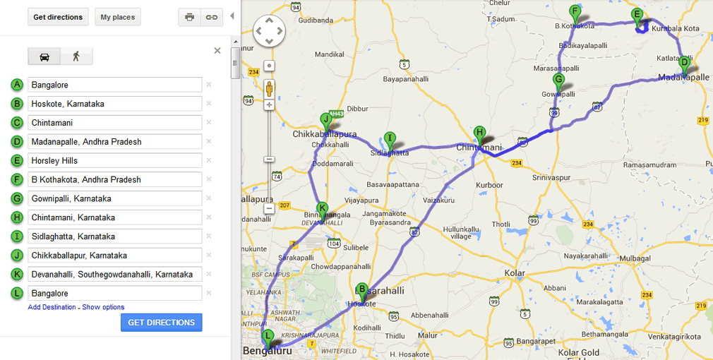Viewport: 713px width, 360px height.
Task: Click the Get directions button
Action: tap(58, 17)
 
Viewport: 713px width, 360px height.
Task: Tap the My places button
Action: tap(117, 17)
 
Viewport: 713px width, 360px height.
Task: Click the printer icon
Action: tap(189, 17)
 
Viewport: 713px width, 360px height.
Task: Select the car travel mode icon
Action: tap(44, 56)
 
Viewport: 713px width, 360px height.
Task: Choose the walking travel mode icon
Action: tap(76, 56)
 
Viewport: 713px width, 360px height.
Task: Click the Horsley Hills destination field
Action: tap(115, 161)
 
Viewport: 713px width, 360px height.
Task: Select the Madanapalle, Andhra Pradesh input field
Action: tap(115, 142)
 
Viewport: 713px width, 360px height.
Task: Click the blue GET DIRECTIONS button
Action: tap(161, 323)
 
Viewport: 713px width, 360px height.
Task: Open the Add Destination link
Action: tap(52, 307)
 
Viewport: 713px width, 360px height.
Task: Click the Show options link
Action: tap(103, 307)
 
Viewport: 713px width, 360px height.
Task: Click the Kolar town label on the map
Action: tap(515, 272)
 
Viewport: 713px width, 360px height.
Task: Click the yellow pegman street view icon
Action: tap(269, 88)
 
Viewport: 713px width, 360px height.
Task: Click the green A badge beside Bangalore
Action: tap(17, 85)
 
